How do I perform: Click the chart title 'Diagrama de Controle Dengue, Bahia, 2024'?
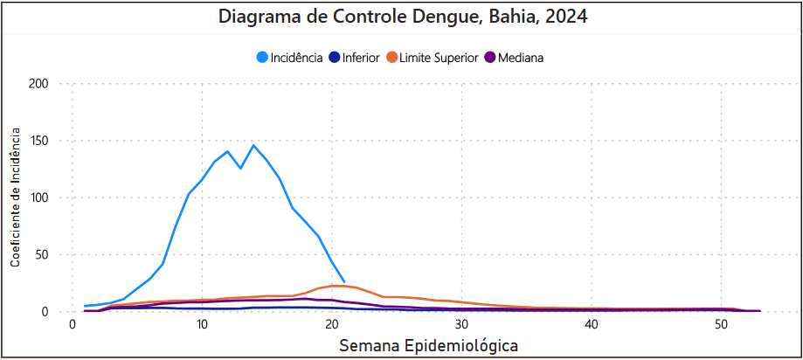pos(402,17)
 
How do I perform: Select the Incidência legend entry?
pos(296,58)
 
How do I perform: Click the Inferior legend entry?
pos(361,58)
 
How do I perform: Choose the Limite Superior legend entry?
pos(439,58)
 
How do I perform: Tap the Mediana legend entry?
pos(520,58)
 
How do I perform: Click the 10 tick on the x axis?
pos(202,324)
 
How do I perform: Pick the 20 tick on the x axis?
pos(331,324)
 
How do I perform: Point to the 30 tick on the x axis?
pos(461,324)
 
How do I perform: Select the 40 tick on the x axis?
pos(591,324)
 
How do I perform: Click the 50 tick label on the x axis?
pos(721,324)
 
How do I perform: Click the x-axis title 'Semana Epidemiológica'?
pos(428,345)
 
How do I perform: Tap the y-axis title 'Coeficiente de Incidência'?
pos(16,196)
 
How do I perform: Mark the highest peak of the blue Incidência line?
pos(253,145)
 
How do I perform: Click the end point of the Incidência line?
pos(344,281)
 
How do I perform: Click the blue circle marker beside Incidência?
pos(262,58)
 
